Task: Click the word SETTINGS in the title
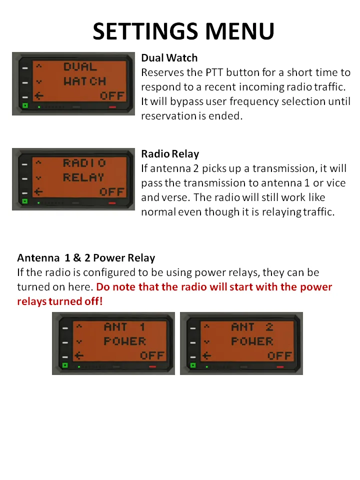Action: pyautogui.click(x=145, y=31)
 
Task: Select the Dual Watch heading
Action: pyautogui.click(x=169, y=58)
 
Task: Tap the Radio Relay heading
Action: pyautogui.click(x=170, y=153)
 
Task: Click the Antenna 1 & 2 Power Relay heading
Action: pyautogui.click(x=86, y=258)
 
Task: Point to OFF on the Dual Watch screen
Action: pyautogui.click(x=112, y=96)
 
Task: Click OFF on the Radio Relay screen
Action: pyautogui.click(x=111, y=192)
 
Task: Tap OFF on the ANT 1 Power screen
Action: pyautogui.click(x=152, y=355)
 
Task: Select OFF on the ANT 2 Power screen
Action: pyautogui.click(x=279, y=355)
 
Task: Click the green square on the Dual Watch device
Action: pyautogui.click(x=25, y=105)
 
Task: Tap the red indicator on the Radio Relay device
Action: pyautogui.click(x=112, y=202)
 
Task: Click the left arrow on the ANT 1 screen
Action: pyautogui.click(x=79, y=355)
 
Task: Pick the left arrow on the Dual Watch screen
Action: pyautogui.click(x=38, y=96)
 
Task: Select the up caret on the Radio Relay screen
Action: pyautogui.click(x=38, y=162)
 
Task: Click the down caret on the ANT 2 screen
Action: pyautogui.click(x=206, y=341)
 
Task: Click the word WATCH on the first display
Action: pyautogui.click(x=85, y=81)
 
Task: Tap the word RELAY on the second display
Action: pyautogui.click(x=83, y=177)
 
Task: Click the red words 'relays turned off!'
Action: pyautogui.click(x=60, y=301)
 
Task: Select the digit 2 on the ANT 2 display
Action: pyautogui.click(x=269, y=327)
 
